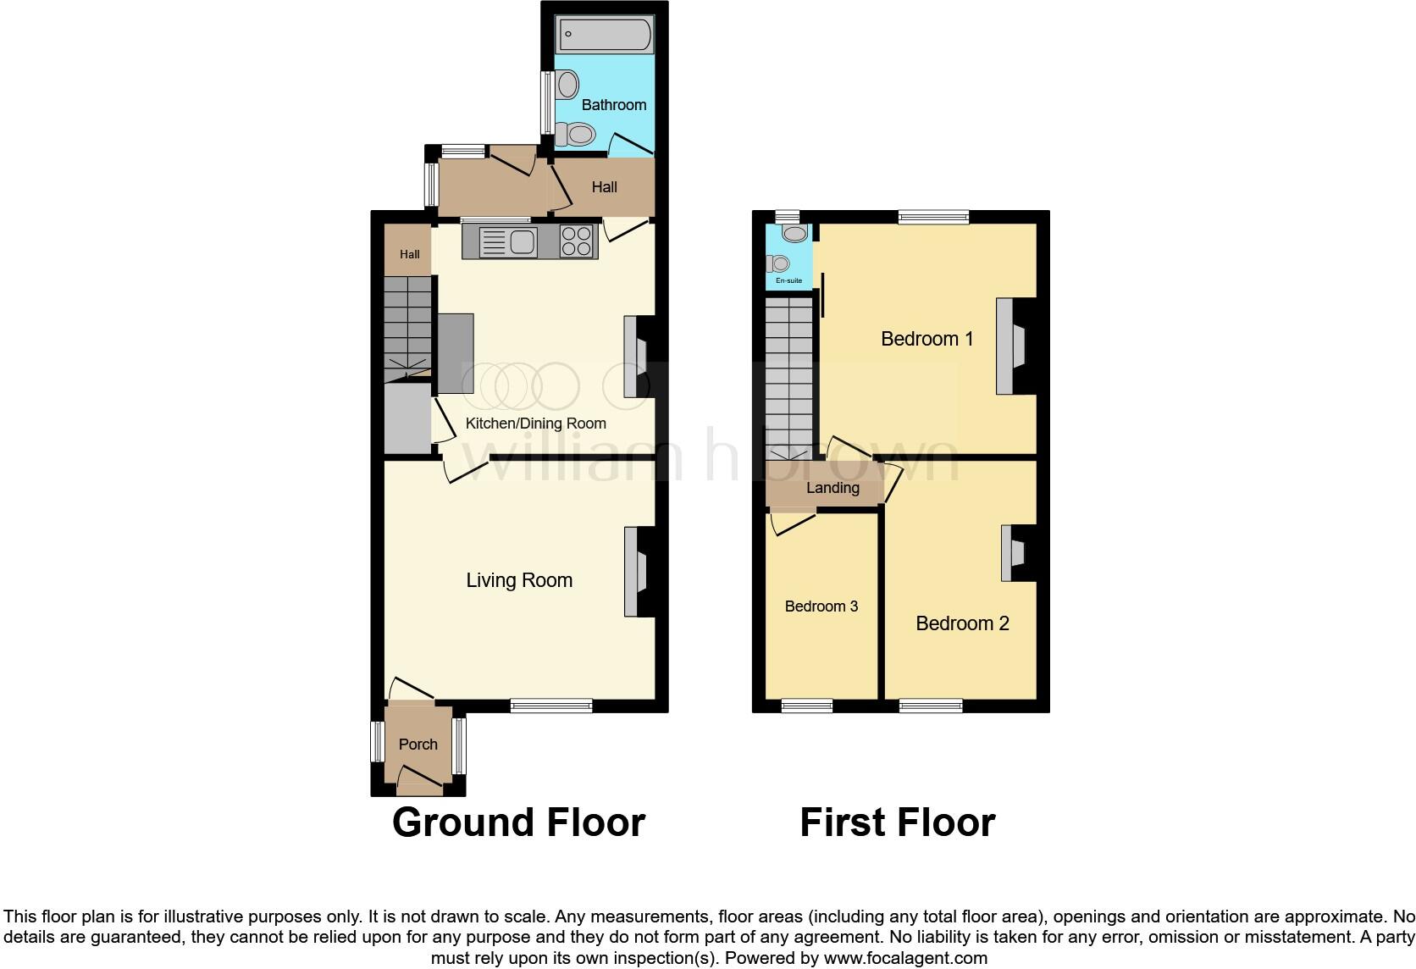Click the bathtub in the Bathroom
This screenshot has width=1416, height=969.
pos(605,36)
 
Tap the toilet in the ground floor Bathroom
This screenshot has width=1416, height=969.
pos(578,134)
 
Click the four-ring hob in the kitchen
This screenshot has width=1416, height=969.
pos(578,241)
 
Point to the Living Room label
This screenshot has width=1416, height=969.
pos(519,580)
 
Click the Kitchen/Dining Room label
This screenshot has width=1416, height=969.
pos(535,424)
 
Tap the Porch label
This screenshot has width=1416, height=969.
pos(418,745)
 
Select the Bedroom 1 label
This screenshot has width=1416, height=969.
pos(926,339)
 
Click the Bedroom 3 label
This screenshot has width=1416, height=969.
pos(821,606)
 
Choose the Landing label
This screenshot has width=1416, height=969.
pos(832,488)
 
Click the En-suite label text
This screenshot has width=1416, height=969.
pos(788,280)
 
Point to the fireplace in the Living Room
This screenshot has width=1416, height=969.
pos(636,572)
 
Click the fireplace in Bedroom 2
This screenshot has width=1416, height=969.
pos(1014,553)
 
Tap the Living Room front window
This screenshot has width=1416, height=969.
pos(550,706)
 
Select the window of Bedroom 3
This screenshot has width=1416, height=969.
pos(806,706)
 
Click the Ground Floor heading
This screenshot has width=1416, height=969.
pos(518,822)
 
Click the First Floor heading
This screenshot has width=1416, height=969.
pos(897,822)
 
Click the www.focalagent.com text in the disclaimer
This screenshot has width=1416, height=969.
pos(904,958)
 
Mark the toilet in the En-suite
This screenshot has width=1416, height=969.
pos(778,263)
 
